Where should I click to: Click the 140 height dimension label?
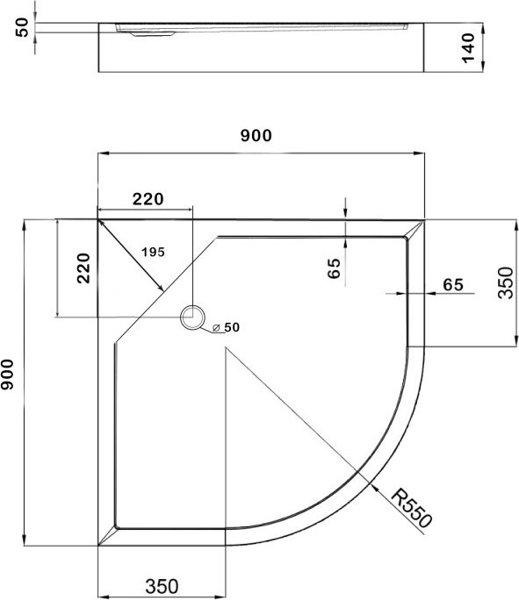pos(468,48)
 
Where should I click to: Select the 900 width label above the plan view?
pos(256,135)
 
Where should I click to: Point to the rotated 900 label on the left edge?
pos(7,375)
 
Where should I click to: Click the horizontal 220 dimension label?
pos(148,199)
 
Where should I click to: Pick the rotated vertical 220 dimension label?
pos(83,268)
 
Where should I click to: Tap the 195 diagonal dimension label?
pos(153,252)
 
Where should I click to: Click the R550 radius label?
pos(411,508)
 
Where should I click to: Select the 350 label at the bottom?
pos(162,586)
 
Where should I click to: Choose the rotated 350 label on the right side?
pos(505,282)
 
